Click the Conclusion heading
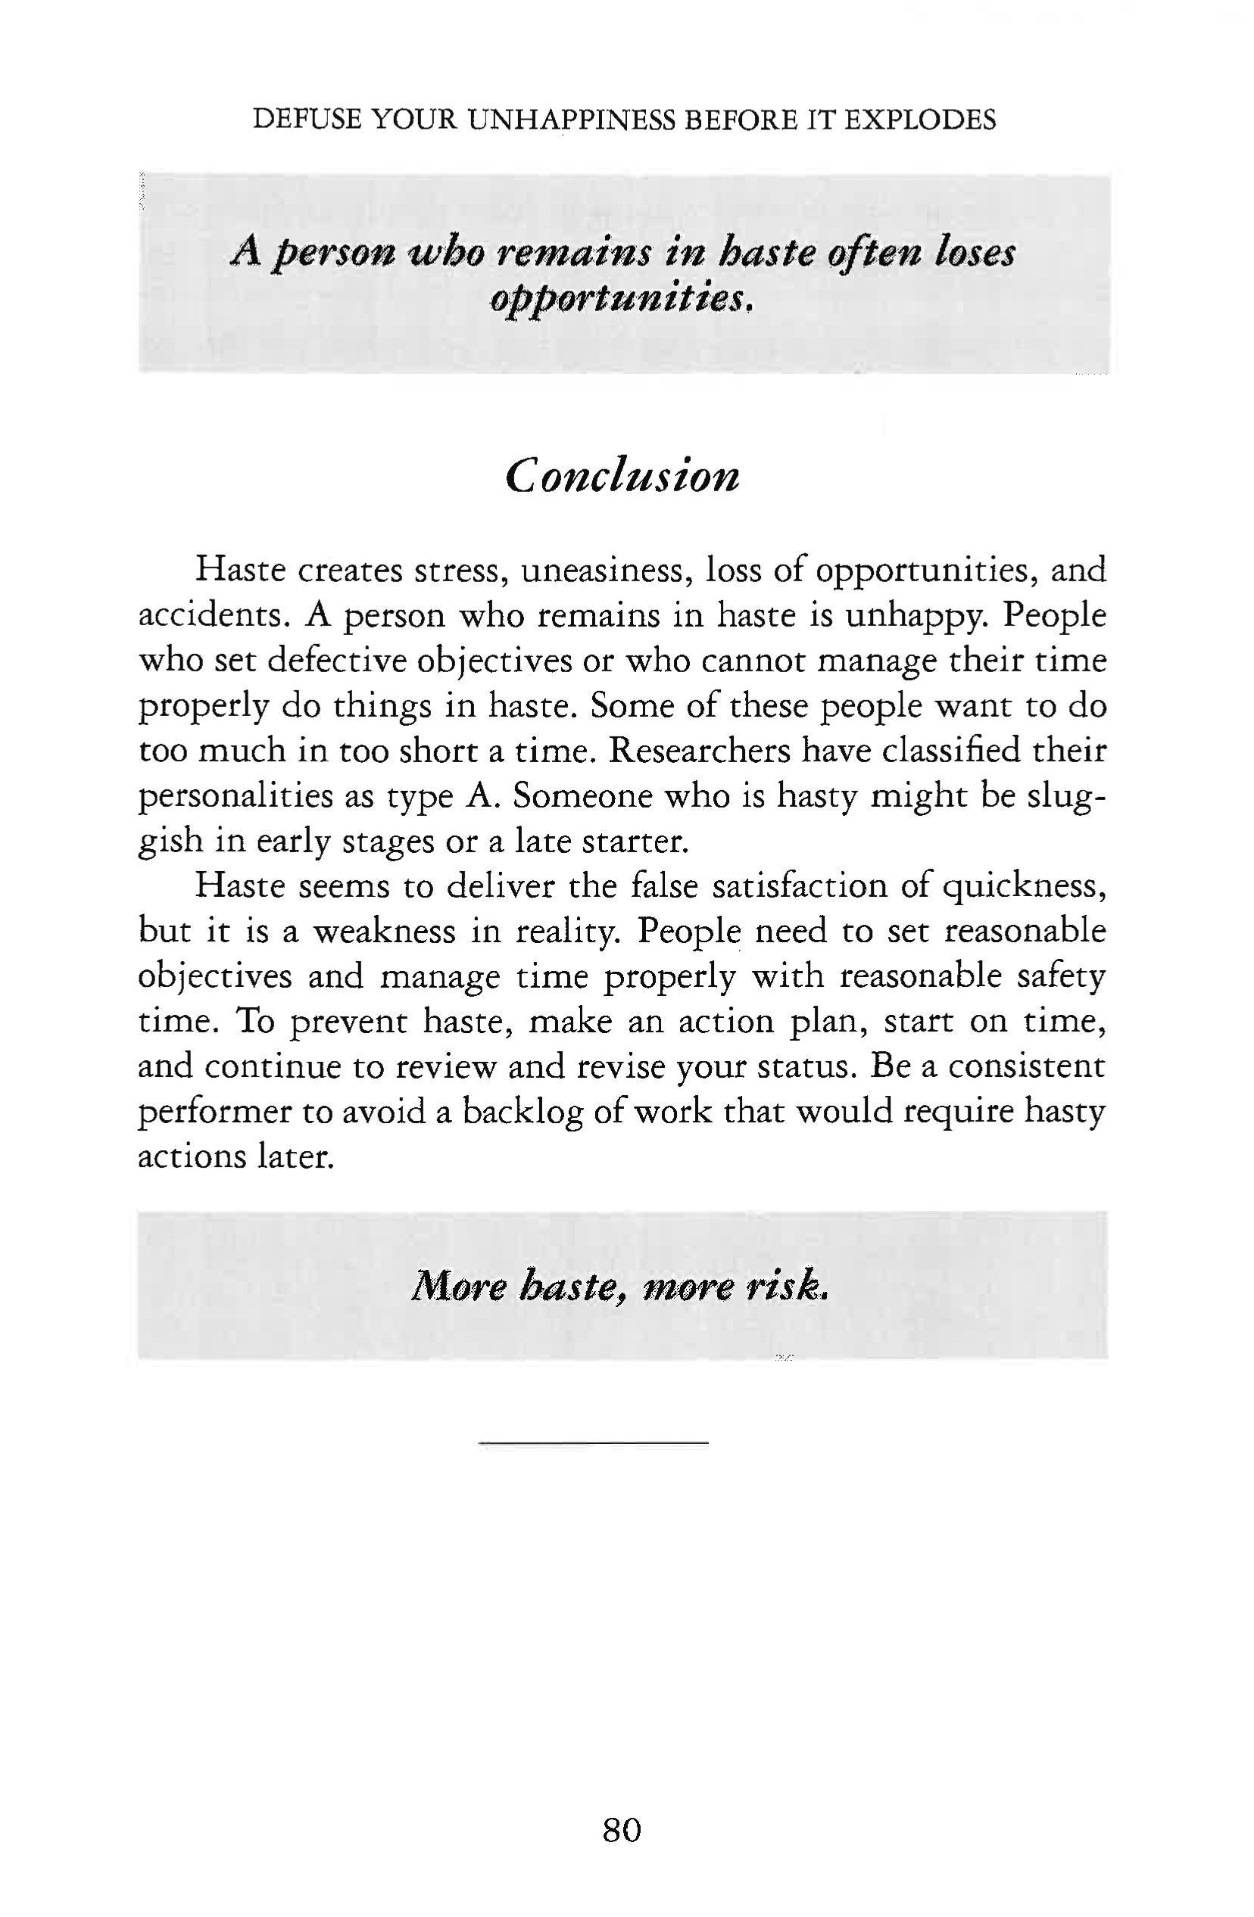point(622,476)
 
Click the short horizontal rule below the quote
point(593,1442)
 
